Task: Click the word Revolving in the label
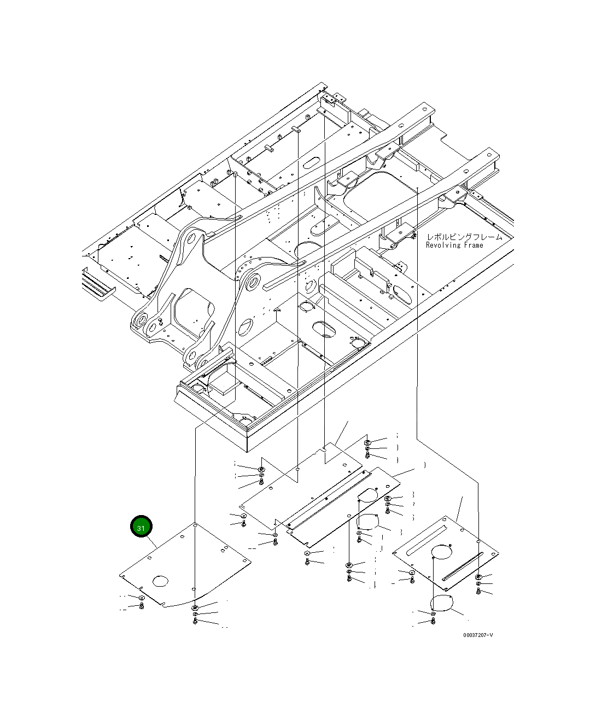click(443, 245)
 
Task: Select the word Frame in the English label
click(474, 245)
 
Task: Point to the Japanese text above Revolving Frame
click(464, 237)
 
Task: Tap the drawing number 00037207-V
click(477, 635)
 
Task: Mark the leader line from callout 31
click(151, 542)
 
